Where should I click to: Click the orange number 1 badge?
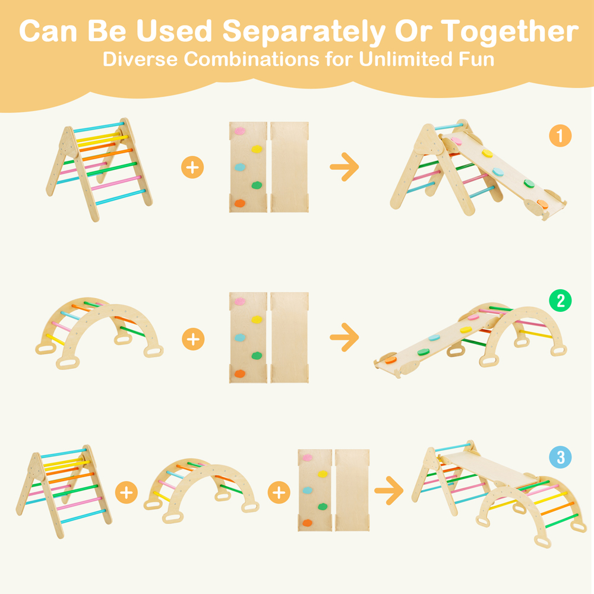coord(560,135)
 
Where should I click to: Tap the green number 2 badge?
coord(560,301)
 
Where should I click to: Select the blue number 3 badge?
coord(561,457)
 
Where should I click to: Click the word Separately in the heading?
coord(304,32)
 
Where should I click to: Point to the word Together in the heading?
coord(510,32)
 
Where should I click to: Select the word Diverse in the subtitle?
coord(140,59)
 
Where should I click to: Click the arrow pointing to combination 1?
coord(345,167)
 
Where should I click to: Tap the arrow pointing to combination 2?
coord(345,337)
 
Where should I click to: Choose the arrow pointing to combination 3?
coord(388,491)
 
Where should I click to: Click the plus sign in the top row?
coord(192,167)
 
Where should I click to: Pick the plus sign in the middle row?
coord(193,339)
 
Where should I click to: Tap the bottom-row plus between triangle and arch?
coord(126,492)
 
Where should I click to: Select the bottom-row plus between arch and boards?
coord(279,492)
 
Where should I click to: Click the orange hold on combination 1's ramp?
coord(542,204)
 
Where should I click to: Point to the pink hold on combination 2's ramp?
coord(473,317)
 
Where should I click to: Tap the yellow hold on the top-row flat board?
coord(257,149)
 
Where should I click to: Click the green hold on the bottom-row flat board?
coord(323,507)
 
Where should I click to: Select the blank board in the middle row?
coord(289,337)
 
